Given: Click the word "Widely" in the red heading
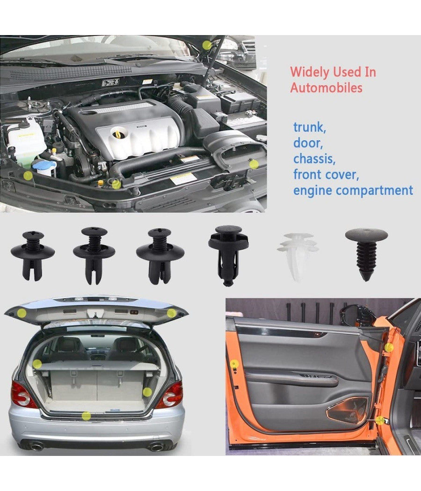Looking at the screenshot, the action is [x=310, y=72].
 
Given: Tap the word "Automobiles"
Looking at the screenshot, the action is [x=326, y=87].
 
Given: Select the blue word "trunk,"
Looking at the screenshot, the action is [x=310, y=128].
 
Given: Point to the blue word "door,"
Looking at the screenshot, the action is [x=308, y=143].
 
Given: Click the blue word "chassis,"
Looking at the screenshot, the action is [x=314, y=159].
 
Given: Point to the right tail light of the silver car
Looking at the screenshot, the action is [x=171, y=395].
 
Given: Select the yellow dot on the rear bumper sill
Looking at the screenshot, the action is [x=86, y=416].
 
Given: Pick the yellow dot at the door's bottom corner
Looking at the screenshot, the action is [x=380, y=420].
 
